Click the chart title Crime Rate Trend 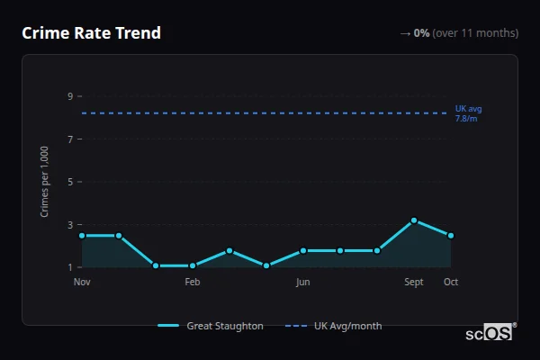tap(91, 33)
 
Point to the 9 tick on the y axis tap(69, 96)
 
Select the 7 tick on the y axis tap(69, 139)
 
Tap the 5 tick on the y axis tap(69, 182)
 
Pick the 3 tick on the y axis tap(69, 225)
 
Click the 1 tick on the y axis tap(69, 267)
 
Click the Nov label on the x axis tap(82, 283)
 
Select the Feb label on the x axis tap(193, 283)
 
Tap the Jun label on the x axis tap(303, 283)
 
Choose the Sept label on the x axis tap(414, 283)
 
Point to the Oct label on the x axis tap(451, 283)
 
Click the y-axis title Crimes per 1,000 tap(45, 182)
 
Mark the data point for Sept tap(414, 220)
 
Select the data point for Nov tap(82, 236)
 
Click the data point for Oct tap(451, 236)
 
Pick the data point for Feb tap(193, 265)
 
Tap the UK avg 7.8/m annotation tap(468, 113)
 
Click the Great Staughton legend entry tap(211, 326)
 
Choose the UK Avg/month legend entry tap(334, 326)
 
